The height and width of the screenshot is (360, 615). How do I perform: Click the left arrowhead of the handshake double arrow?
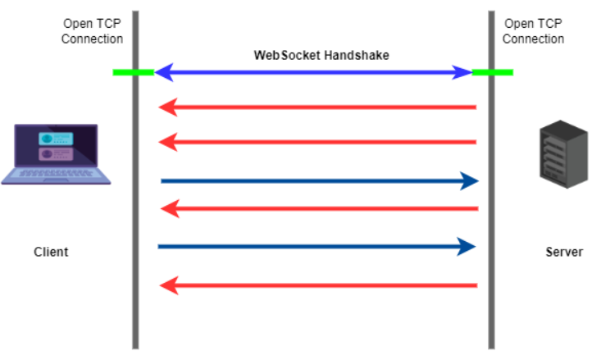coord(163,72)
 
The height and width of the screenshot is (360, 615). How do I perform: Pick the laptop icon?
coord(55,153)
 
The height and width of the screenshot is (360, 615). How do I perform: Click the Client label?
coord(51,252)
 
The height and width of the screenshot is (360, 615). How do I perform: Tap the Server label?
coord(564,252)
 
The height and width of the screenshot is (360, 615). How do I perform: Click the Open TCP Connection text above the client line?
coord(92,31)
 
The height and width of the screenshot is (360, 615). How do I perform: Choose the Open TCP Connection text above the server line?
coord(533,31)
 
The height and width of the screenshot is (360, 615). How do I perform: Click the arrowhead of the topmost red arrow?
coord(167,107)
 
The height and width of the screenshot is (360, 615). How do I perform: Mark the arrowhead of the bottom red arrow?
coord(167,285)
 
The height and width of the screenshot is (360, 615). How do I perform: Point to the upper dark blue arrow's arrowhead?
coord(470,180)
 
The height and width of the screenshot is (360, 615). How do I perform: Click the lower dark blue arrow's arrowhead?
coord(467,245)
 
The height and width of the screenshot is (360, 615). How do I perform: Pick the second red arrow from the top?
coord(320,142)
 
